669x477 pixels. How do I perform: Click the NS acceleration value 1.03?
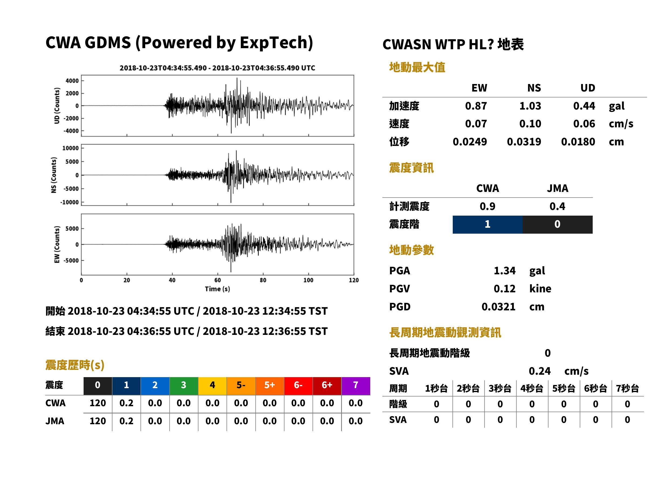pos(530,106)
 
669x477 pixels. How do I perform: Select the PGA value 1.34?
pos(505,271)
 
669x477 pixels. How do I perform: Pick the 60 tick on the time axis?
pos(217,280)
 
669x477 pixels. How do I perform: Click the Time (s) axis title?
pos(217,289)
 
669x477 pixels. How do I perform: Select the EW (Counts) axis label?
pos(57,244)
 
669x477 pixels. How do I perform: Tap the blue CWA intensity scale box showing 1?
pos(488,225)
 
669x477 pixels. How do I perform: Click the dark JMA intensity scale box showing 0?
pos(558,225)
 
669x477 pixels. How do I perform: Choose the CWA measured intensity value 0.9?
pos(488,206)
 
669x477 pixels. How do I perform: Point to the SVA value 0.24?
pos(540,371)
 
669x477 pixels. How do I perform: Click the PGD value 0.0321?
pos(498,307)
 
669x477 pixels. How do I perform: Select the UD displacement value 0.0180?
pos(578,142)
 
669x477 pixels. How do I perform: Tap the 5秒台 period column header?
pos(564,388)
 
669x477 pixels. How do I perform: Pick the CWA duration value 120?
pos(98,403)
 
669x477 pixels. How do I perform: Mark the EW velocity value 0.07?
pos(476,124)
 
